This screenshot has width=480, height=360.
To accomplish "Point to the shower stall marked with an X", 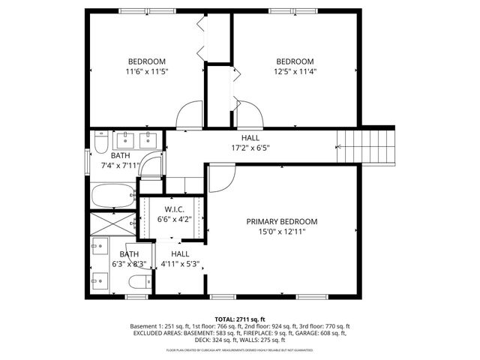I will coord(111,223).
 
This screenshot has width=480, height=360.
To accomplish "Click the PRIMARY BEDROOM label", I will coord(282,222).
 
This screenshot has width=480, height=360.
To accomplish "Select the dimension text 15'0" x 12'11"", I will coord(282,232).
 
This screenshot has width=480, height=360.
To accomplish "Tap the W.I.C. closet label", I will coord(174,208).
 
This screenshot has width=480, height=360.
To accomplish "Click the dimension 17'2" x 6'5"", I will coord(250,148).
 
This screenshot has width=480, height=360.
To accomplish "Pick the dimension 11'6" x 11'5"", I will coord(147,72).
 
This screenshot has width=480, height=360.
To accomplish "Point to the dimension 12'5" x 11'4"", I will coord(295,72).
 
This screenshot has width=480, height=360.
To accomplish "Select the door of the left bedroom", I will coord(189,114).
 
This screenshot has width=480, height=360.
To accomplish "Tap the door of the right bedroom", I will coord(250,114).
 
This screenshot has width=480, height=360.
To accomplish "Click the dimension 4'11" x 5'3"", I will coord(179,264).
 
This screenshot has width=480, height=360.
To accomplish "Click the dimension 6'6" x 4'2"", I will coord(174,219).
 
